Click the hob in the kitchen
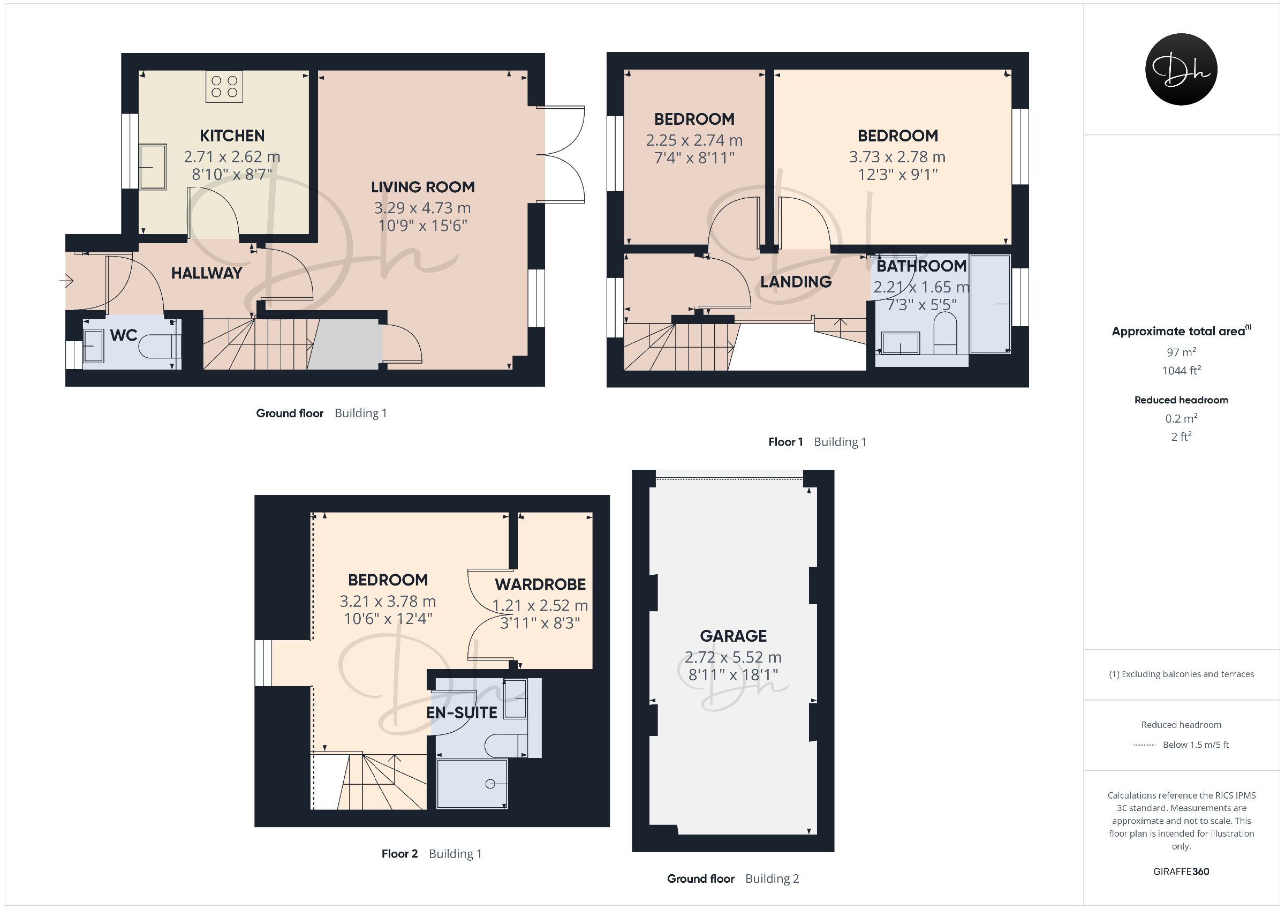(224, 87)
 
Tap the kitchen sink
(152, 167)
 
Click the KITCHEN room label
(232, 136)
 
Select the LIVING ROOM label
(422, 187)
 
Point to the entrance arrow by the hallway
(66, 280)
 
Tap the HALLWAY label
(207, 273)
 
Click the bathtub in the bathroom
(989, 304)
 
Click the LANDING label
(796, 282)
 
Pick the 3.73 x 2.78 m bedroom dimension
(897, 157)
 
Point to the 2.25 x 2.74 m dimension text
(694, 140)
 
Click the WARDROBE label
(540, 585)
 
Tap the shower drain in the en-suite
(490, 784)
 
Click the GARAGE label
(733, 636)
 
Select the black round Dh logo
(1181, 69)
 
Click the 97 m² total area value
(1181, 352)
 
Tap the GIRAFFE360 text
(1181, 872)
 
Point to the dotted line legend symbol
(1145, 745)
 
